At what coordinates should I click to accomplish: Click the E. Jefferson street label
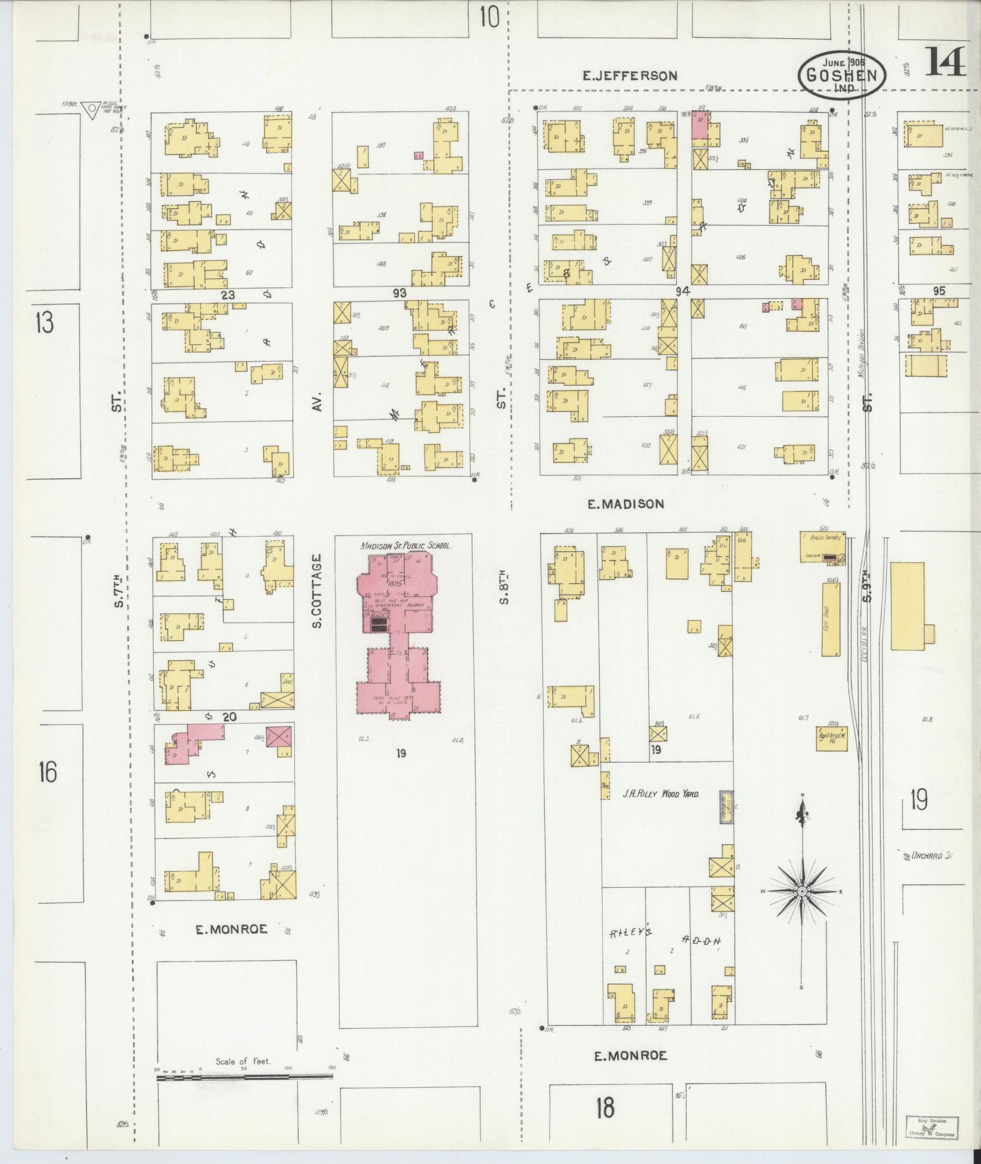(x=629, y=76)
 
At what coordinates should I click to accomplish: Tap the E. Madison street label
(x=626, y=504)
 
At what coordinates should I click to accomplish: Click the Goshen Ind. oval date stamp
(x=842, y=75)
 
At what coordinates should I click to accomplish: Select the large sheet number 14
(x=946, y=61)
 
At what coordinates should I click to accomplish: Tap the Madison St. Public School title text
(x=406, y=546)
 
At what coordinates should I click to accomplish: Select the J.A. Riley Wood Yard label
(x=660, y=794)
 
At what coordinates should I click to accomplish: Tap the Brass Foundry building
(x=822, y=547)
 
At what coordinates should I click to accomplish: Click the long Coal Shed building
(x=831, y=619)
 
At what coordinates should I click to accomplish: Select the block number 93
(x=399, y=293)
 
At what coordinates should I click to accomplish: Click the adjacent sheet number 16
(x=47, y=772)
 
